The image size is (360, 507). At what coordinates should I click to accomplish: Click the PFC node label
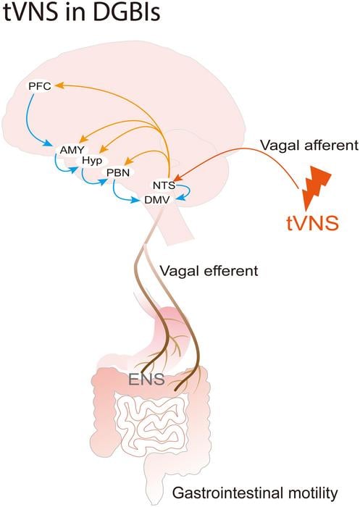pos(38,86)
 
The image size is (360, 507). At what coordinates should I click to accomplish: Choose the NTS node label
pos(164,185)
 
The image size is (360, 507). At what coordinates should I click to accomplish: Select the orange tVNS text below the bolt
pos(311,222)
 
